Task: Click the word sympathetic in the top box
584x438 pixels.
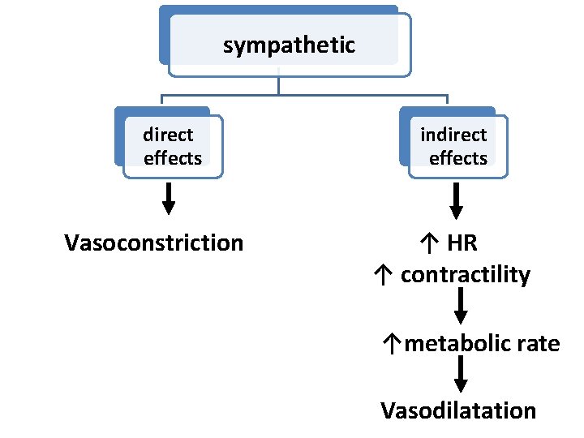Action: [289, 45]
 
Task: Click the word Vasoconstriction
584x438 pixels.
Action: [153, 243]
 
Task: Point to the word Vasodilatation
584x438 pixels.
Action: [458, 410]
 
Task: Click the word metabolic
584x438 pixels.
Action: [457, 344]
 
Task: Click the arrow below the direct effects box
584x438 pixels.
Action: [169, 199]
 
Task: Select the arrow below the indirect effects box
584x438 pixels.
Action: [457, 200]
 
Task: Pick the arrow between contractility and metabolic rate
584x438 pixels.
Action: [461, 306]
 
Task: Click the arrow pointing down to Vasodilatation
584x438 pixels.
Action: [461, 374]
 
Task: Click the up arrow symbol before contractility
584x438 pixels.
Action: [384, 276]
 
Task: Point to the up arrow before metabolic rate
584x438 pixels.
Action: [393, 345]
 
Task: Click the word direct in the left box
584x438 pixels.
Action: [168, 135]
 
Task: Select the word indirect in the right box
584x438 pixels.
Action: [453, 135]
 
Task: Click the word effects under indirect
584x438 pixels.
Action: [458, 158]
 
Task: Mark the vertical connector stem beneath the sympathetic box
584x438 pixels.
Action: [278, 85]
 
